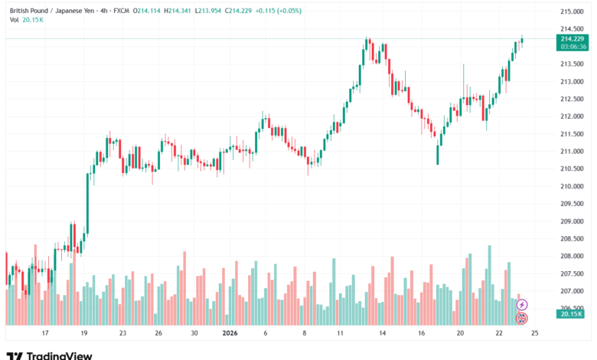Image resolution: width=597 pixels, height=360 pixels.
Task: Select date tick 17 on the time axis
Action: (x=46, y=333)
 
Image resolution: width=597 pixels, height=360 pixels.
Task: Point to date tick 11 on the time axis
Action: (x=339, y=333)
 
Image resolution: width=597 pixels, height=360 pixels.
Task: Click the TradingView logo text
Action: (x=60, y=355)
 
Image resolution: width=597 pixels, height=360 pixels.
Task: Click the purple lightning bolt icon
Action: (x=522, y=305)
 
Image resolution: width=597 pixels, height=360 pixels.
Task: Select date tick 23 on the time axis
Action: (x=122, y=333)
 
